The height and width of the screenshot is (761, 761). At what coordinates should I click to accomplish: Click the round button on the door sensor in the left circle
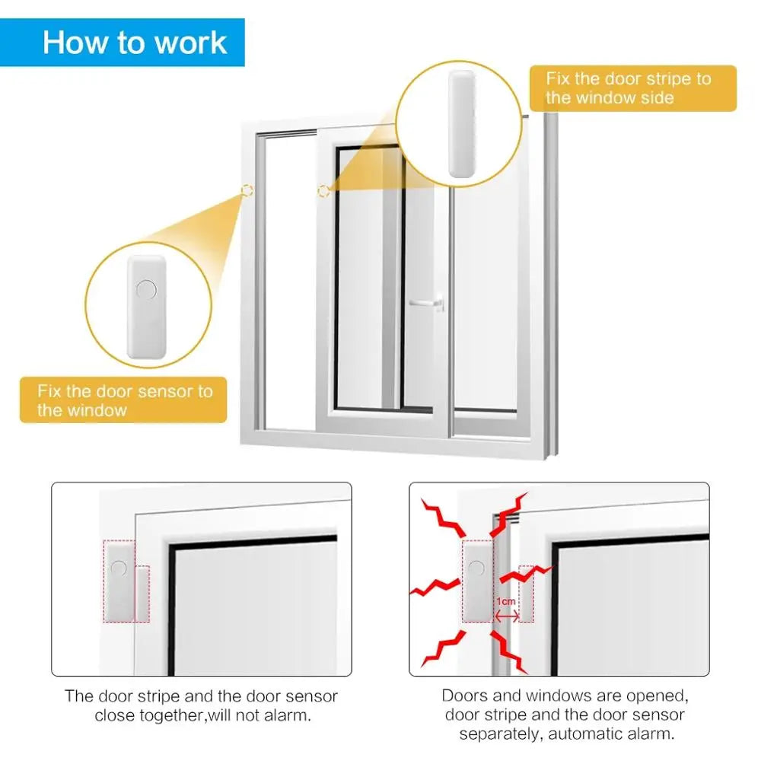145,290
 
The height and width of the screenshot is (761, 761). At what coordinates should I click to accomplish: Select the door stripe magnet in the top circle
460,124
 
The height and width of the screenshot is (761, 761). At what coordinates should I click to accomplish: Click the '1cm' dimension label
506,601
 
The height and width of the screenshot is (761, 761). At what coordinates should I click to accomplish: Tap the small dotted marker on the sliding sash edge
323,190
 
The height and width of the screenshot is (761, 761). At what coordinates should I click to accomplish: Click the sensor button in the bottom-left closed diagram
119,568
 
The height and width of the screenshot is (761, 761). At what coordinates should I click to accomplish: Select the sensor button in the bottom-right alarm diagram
476,567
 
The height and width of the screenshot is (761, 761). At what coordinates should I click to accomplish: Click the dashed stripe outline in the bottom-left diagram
142,593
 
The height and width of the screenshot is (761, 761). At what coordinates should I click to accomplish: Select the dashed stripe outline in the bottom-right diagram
526,594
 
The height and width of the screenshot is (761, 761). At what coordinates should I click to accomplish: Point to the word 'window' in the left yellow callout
96,411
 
